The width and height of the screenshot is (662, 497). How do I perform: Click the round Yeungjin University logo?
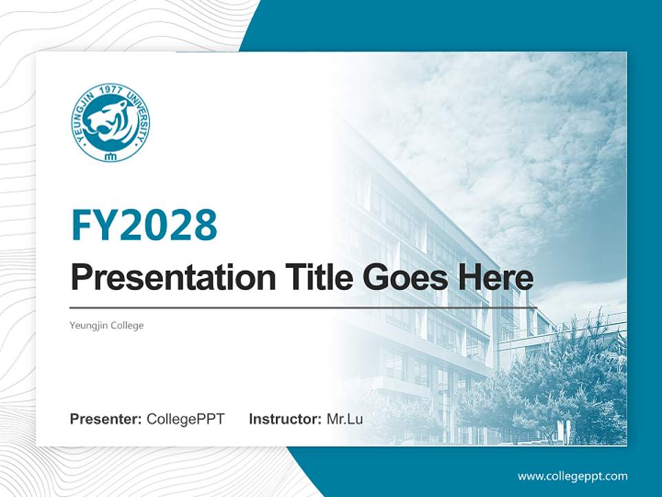point(110,122)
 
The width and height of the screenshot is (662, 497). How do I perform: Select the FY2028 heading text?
point(144,225)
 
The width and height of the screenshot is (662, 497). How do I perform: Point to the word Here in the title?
point(497,278)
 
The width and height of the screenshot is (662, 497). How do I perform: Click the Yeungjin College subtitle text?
point(107,325)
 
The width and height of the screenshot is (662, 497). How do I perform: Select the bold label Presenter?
point(106,418)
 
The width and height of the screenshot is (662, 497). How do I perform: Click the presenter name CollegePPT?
point(185,418)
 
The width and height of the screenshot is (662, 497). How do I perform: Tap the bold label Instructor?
point(285,418)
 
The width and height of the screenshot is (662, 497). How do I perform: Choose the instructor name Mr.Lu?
point(345,418)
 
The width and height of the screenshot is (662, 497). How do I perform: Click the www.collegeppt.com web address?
point(572,476)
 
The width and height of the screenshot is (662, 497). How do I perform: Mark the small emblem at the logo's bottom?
point(110,155)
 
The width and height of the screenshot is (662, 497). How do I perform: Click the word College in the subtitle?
point(128,325)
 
